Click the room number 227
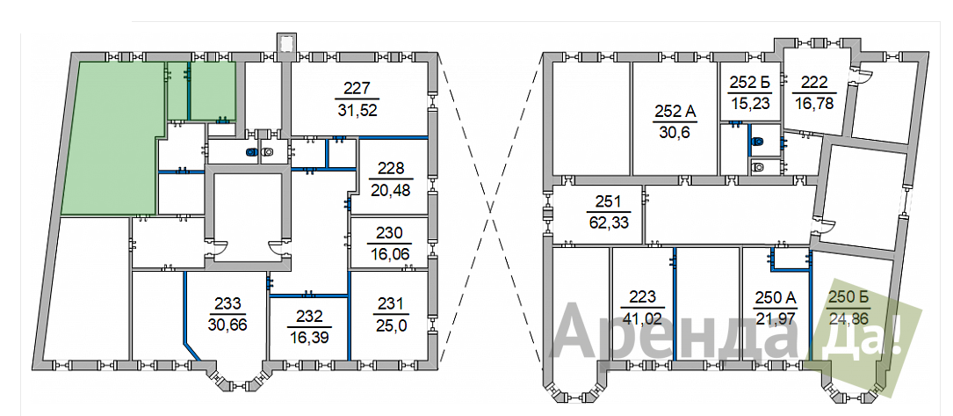tap(357, 89)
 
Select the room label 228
tap(392, 169)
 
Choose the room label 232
tap(309, 317)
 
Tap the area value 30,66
tap(227, 325)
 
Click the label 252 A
tap(675, 111)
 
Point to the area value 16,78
tap(814, 103)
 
